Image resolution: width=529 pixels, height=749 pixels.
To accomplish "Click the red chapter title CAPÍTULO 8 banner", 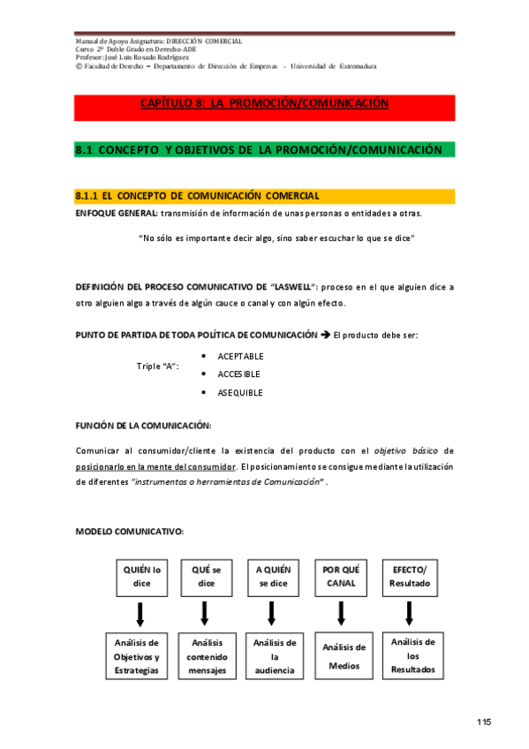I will coord(264,104).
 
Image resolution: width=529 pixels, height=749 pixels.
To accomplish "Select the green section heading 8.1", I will coord(264,150).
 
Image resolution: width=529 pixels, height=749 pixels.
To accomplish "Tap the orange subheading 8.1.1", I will coord(264,195).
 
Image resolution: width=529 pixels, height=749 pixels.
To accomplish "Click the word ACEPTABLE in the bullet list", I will coord(240,357).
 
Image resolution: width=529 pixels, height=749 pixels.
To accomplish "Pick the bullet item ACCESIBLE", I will coord(238,374).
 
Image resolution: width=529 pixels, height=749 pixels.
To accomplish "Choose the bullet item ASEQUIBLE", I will coord(239,393).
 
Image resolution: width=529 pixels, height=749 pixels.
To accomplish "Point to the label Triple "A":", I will coord(158,366).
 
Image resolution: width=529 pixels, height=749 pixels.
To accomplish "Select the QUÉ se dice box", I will coord(206,577).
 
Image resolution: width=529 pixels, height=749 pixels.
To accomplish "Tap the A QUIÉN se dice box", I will coord(273,577).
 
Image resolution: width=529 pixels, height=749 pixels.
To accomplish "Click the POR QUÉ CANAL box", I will coord(341,577).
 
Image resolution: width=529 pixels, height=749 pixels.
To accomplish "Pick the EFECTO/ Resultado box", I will coord(409,577).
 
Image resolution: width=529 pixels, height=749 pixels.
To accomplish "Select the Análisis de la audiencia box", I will coord(275,656).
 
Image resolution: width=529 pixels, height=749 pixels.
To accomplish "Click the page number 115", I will coord(483,723).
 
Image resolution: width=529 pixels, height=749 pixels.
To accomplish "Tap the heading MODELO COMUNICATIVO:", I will coord(130,531).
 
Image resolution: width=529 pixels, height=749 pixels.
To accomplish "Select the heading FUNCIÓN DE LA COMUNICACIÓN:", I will coord(143,426).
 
